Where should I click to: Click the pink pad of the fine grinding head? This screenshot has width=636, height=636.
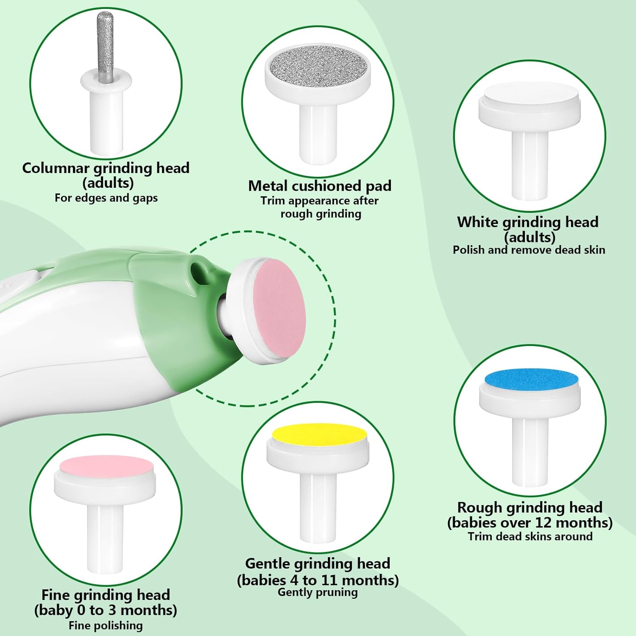click(x=106, y=467)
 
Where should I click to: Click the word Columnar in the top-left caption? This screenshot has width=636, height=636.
click(x=56, y=168)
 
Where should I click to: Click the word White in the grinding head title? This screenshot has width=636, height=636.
click(x=477, y=222)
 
